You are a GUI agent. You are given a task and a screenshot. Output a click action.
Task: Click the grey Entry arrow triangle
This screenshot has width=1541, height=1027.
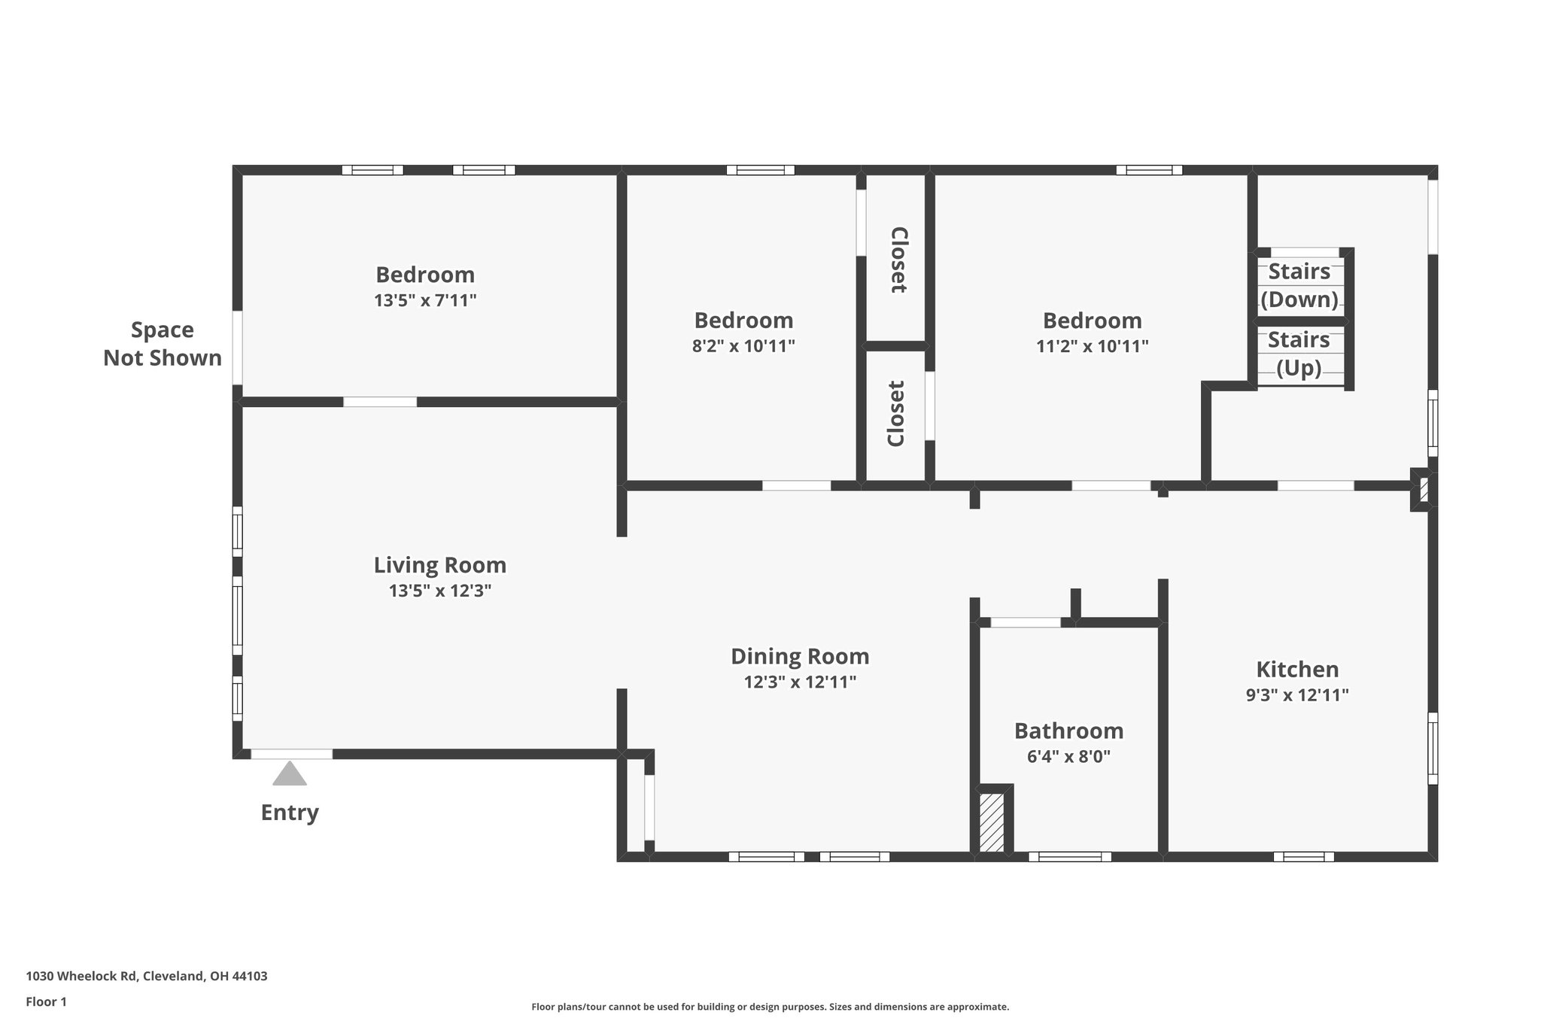pyautogui.click(x=290, y=774)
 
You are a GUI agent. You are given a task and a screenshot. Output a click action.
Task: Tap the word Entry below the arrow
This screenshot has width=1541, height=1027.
pyautogui.click(x=290, y=813)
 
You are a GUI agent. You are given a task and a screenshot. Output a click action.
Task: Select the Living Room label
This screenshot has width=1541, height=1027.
pyautogui.click(x=440, y=565)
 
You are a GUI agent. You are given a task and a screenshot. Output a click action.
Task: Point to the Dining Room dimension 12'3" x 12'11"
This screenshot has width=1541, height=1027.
pyautogui.click(x=800, y=682)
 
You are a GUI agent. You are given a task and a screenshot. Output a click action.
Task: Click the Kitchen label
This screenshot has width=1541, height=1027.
pyautogui.click(x=1297, y=670)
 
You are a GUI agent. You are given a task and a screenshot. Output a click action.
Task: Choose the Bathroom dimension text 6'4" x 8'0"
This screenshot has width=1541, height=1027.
pyautogui.click(x=1068, y=756)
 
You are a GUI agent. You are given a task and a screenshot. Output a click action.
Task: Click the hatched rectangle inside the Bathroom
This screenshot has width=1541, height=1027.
pyautogui.click(x=992, y=822)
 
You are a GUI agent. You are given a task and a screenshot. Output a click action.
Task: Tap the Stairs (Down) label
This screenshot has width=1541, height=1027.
pyautogui.click(x=1299, y=285)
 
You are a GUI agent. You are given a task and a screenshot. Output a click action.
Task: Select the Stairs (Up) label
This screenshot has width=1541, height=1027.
pyautogui.click(x=1299, y=354)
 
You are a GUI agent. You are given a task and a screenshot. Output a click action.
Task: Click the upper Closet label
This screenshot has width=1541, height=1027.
pyautogui.click(x=898, y=260)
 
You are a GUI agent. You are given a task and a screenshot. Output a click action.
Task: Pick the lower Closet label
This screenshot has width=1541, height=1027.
pyautogui.click(x=895, y=414)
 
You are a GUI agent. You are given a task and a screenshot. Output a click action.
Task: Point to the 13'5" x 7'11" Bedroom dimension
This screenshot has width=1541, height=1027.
pyautogui.click(x=425, y=301)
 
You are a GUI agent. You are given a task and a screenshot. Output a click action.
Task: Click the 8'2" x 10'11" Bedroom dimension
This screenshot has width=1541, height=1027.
pyautogui.click(x=743, y=346)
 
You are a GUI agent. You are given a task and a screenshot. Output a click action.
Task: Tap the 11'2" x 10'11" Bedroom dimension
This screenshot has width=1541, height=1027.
pyautogui.click(x=1092, y=346)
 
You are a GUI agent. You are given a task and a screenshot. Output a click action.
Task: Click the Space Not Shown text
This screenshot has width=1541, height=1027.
pyautogui.click(x=163, y=344)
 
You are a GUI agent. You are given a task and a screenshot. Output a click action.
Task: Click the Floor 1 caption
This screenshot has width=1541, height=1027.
pyautogui.click(x=47, y=1001)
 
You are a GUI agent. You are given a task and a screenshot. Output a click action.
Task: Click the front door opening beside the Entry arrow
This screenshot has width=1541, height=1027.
pyautogui.click(x=291, y=754)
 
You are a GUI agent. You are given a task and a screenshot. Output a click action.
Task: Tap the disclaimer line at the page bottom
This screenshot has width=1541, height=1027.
pyautogui.click(x=770, y=1007)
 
